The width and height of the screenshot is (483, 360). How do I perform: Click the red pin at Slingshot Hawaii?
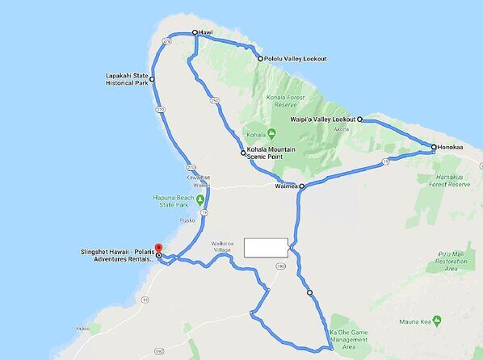158,248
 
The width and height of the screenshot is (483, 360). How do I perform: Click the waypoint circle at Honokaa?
434,148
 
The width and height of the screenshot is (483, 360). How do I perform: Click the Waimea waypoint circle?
301,186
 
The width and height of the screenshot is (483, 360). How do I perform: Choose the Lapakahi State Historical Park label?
127,79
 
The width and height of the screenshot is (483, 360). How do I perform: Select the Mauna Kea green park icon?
437,320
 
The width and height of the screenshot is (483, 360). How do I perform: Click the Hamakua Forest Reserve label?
447,180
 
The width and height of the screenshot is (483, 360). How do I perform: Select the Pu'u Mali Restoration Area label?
451,262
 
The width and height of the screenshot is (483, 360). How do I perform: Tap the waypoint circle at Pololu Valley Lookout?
259,59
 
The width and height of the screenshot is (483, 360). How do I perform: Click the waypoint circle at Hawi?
195,33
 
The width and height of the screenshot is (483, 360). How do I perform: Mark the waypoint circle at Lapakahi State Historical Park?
152,79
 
